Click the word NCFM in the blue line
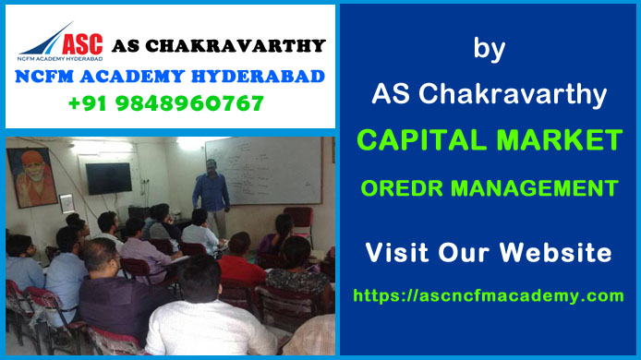tap(47, 76)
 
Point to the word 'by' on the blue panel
tap(489, 49)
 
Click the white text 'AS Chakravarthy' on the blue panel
tap(489, 92)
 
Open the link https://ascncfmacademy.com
tap(489, 295)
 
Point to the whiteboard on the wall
tap(263, 172)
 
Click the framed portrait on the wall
tap(31, 177)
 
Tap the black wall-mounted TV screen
tap(108, 177)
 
